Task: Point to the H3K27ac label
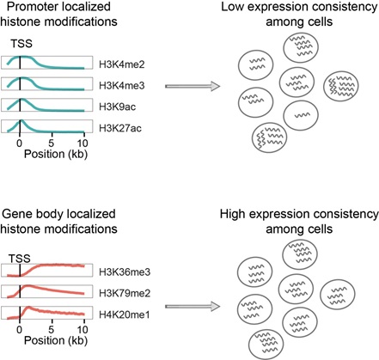tap(116, 128)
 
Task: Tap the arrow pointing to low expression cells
tap(190, 85)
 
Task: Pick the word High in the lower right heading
tap(225, 215)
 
